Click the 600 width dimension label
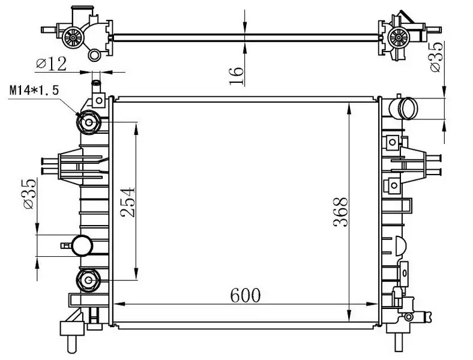(x=244, y=295)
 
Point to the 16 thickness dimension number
(x=237, y=74)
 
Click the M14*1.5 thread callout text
(x=34, y=91)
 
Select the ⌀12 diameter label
(x=50, y=62)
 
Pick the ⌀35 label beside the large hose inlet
(x=436, y=58)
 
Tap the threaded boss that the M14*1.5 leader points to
(x=89, y=123)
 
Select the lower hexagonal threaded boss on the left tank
(x=89, y=279)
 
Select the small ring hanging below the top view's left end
(x=94, y=55)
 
